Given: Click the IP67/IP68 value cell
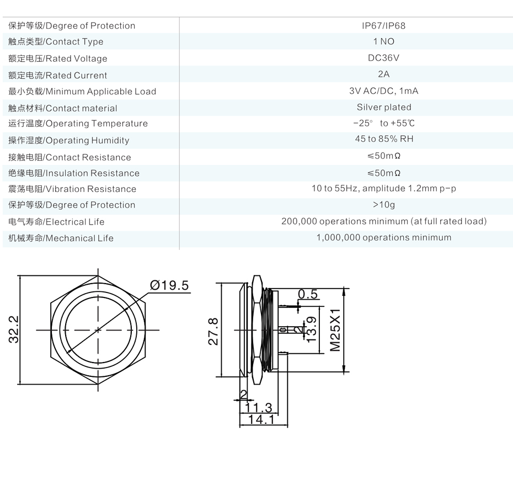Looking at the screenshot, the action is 383,25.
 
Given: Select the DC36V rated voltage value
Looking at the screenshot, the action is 383,58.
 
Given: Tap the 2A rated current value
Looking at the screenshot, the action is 383,74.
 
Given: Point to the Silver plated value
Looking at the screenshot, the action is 384,107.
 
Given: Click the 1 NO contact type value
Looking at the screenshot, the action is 384,41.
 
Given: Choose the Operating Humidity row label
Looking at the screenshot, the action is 69,141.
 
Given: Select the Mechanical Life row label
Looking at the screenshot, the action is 61,238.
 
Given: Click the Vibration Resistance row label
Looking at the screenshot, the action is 72,189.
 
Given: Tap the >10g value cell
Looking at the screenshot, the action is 384,205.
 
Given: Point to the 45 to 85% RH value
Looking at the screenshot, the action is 384,139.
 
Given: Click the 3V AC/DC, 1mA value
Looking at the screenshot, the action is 384,91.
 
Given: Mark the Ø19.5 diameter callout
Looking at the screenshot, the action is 169,285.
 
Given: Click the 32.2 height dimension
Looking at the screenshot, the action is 14,329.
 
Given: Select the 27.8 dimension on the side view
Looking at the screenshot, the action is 213,331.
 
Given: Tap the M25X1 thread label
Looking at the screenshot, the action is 335,329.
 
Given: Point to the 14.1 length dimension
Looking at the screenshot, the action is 261,419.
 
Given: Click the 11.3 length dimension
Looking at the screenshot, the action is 259,408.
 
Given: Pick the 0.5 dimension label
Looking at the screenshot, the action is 308,294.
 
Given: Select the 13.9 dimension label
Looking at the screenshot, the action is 312,329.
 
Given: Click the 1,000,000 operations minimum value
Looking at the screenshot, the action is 384,237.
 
